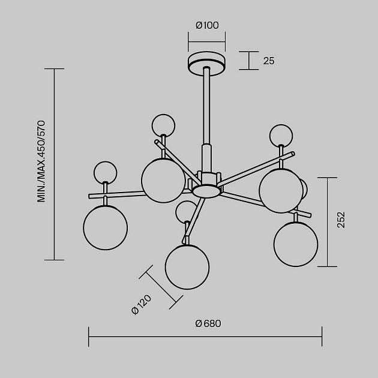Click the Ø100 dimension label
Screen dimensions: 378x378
pos(207,25)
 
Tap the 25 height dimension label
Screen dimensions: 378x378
pos(269,61)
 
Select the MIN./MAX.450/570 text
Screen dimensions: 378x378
pos(41,161)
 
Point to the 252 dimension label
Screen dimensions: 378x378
pos(341,220)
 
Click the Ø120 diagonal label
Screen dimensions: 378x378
pos(142,304)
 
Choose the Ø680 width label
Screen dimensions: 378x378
pos(208,323)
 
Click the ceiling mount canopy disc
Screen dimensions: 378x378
pos(207,64)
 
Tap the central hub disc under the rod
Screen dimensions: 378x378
pos(206,191)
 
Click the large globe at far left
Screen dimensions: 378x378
pos(106,227)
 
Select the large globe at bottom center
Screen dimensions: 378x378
pos(187,267)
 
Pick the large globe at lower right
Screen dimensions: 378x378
pos(296,244)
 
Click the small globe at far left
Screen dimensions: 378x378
pos(106,173)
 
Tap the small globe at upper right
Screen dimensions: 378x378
pos(281,136)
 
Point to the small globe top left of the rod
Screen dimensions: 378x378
pos(163,125)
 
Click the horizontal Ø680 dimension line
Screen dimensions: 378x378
pos(205,337)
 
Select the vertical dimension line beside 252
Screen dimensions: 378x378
pos(327,222)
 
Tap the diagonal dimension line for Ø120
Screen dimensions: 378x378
pos(161,287)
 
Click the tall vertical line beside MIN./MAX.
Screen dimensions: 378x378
pos(54,164)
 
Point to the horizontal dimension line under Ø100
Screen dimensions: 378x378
pos(207,41)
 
